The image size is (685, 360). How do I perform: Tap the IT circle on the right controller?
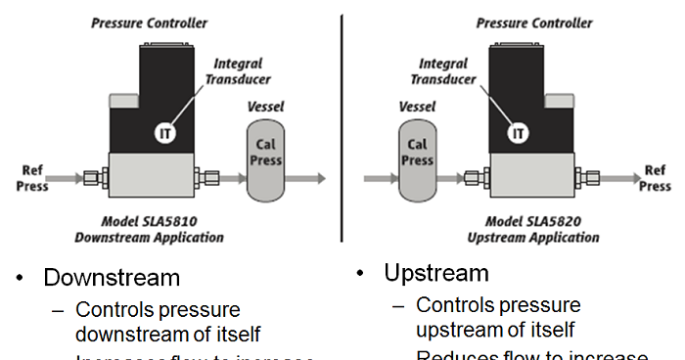(520, 132)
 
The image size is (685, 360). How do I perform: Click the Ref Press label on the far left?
(32, 178)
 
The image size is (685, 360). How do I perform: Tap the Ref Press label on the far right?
(655, 178)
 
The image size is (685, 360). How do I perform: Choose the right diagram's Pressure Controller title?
(533, 21)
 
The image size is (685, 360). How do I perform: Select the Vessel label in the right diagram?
(418, 106)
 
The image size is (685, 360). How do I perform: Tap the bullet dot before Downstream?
(20, 278)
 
